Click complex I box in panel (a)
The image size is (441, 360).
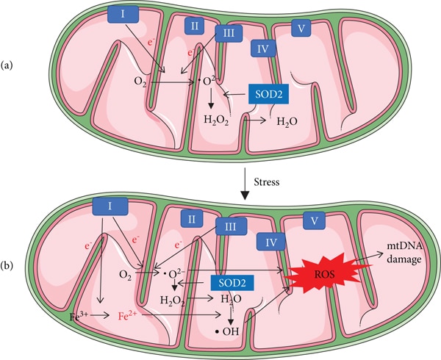pos(123,15)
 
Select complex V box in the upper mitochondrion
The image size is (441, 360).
pos(301,28)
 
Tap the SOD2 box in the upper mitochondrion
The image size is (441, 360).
pos(268,94)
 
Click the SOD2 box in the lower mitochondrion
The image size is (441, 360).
pos(232,282)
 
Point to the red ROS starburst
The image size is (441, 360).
pos(325,273)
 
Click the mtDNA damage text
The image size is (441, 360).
pos(404,253)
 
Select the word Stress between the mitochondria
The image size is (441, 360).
pos(267,182)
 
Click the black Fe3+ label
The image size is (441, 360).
pos(79,316)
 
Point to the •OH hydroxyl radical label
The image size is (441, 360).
pos(227,331)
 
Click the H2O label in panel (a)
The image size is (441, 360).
pos(287,122)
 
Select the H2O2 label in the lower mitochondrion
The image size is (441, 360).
pos(173,300)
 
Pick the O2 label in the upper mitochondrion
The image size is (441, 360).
pos(140,82)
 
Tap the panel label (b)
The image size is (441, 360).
pos(7,264)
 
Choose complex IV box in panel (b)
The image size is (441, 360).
pos(270,242)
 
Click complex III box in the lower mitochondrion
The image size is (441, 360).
pos(231,226)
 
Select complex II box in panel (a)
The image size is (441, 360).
pos(194,26)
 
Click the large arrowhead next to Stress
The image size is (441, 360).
pos(245,195)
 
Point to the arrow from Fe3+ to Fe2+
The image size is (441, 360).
pos(99,316)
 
